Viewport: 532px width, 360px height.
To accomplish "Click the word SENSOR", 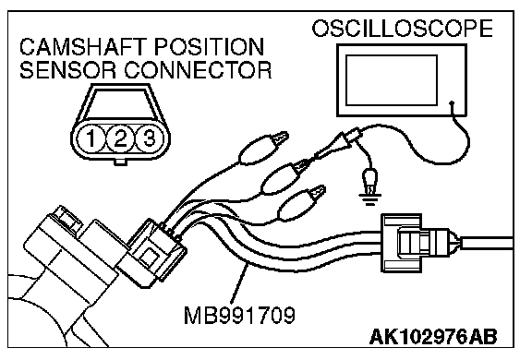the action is pos(68,70).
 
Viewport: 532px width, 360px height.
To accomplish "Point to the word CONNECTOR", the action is pos(198,70).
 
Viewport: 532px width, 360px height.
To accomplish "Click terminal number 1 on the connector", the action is pos(91,138).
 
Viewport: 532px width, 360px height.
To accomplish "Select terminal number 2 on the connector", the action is pos(120,138).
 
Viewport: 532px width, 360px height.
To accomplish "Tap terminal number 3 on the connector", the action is pos(150,138).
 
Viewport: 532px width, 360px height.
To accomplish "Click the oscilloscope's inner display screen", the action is pos(392,80).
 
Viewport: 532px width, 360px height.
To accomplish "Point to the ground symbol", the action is pos(369,199).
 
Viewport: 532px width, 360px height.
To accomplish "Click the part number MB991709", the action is pos(239,316).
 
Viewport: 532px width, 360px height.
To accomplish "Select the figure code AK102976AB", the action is pos(433,337).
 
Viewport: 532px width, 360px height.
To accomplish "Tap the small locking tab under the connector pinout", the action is pos(120,162).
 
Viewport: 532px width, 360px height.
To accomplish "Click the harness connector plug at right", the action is pos(419,243).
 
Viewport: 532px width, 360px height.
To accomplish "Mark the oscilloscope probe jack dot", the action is pos(452,102).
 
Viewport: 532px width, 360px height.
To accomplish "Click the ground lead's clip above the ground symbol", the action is pos(369,180).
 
